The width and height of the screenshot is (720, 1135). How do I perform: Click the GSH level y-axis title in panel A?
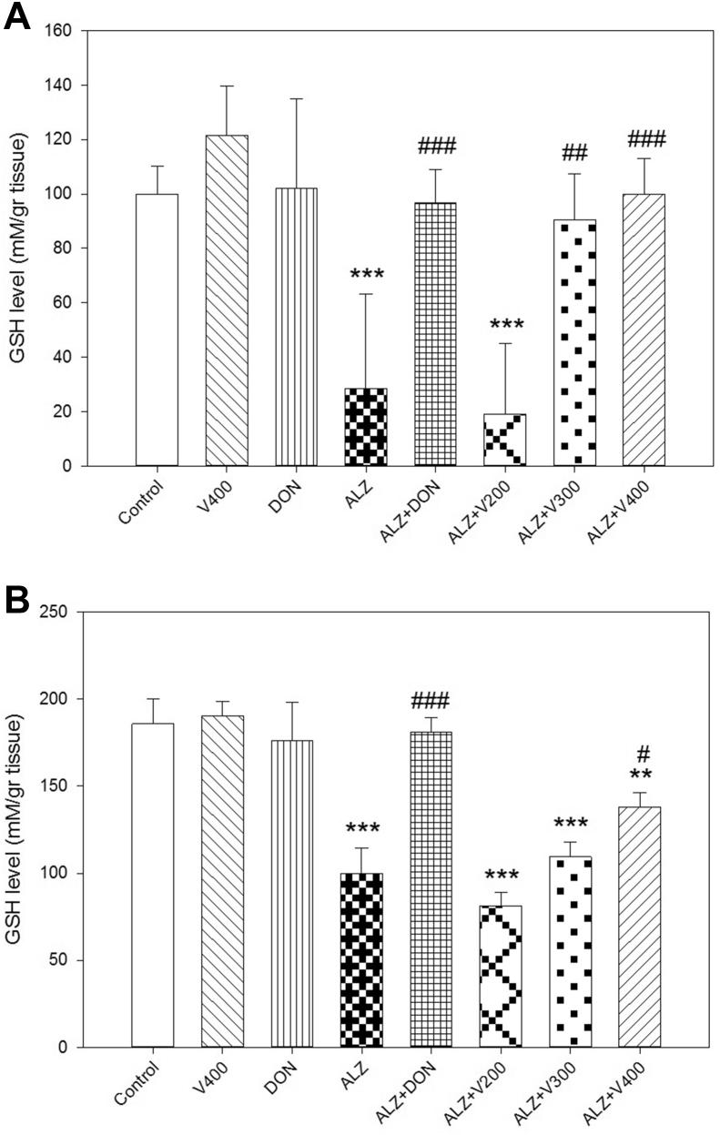[x=17, y=248]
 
